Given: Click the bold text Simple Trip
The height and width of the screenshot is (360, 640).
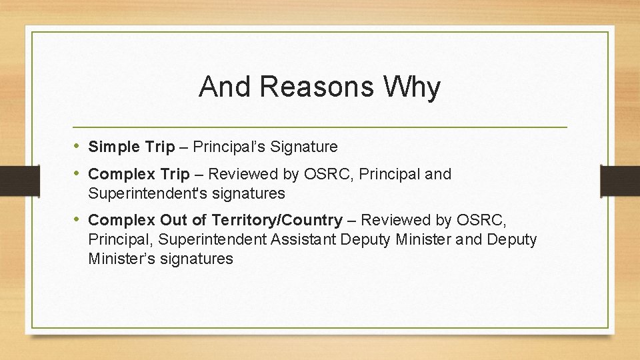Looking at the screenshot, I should coord(130,147).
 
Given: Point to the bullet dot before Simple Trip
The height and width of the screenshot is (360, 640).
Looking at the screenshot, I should coord(77,146).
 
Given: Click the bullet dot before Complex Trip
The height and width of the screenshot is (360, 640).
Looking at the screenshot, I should coord(77,174).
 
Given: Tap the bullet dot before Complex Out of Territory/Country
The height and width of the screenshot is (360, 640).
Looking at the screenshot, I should coord(77,219).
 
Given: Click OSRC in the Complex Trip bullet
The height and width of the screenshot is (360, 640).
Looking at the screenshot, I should coord(329,175).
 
